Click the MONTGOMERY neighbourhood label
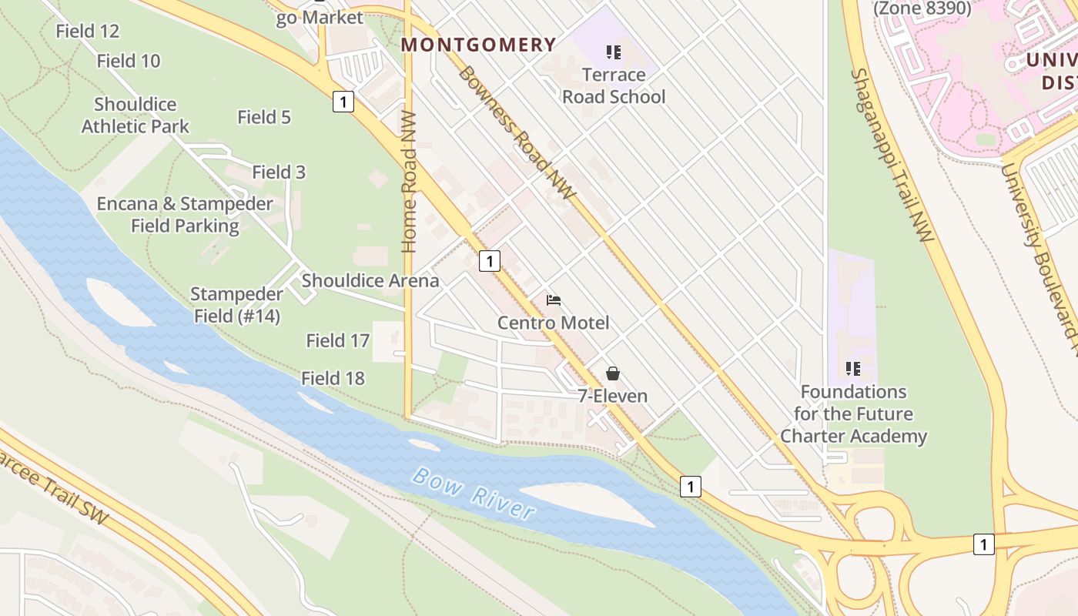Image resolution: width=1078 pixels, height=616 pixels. click(x=478, y=45)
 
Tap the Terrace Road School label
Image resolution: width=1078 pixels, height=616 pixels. click(x=614, y=85)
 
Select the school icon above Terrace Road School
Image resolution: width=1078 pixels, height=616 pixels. click(x=614, y=52)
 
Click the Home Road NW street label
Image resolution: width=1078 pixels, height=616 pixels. click(x=409, y=182)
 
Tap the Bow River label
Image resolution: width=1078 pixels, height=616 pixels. click(x=473, y=493)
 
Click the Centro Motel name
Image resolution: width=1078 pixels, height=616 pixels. click(x=553, y=323)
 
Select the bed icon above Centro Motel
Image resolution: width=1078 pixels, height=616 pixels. click(x=553, y=300)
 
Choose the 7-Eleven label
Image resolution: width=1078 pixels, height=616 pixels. click(x=612, y=396)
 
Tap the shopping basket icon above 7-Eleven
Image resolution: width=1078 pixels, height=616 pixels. click(x=612, y=373)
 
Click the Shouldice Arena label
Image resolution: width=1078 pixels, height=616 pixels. click(x=370, y=280)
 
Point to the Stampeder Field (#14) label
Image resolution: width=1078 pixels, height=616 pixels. click(x=236, y=305)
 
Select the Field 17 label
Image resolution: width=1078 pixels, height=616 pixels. click(x=337, y=340)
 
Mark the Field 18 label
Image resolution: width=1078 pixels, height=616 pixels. click(x=333, y=378)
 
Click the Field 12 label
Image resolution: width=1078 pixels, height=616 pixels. click(x=88, y=31)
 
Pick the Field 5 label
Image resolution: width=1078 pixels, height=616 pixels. click(x=264, y=117)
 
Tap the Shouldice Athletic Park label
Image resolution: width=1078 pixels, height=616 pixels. click(x=136, y=115)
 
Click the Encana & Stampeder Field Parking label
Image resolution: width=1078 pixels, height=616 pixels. click(x=185, y=215)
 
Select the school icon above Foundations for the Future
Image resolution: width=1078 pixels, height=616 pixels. click(x=852, y=369)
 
